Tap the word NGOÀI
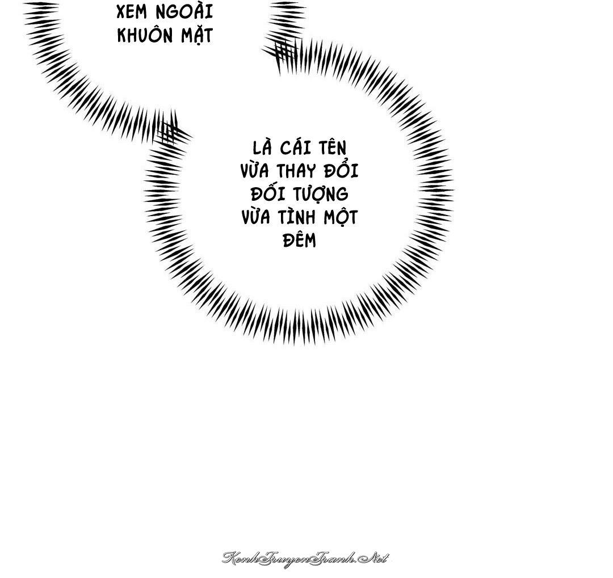point(184,11)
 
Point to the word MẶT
point(196,35)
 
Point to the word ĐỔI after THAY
point(341,170)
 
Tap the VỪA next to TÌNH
point(256,217)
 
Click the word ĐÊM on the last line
point(299,240)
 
